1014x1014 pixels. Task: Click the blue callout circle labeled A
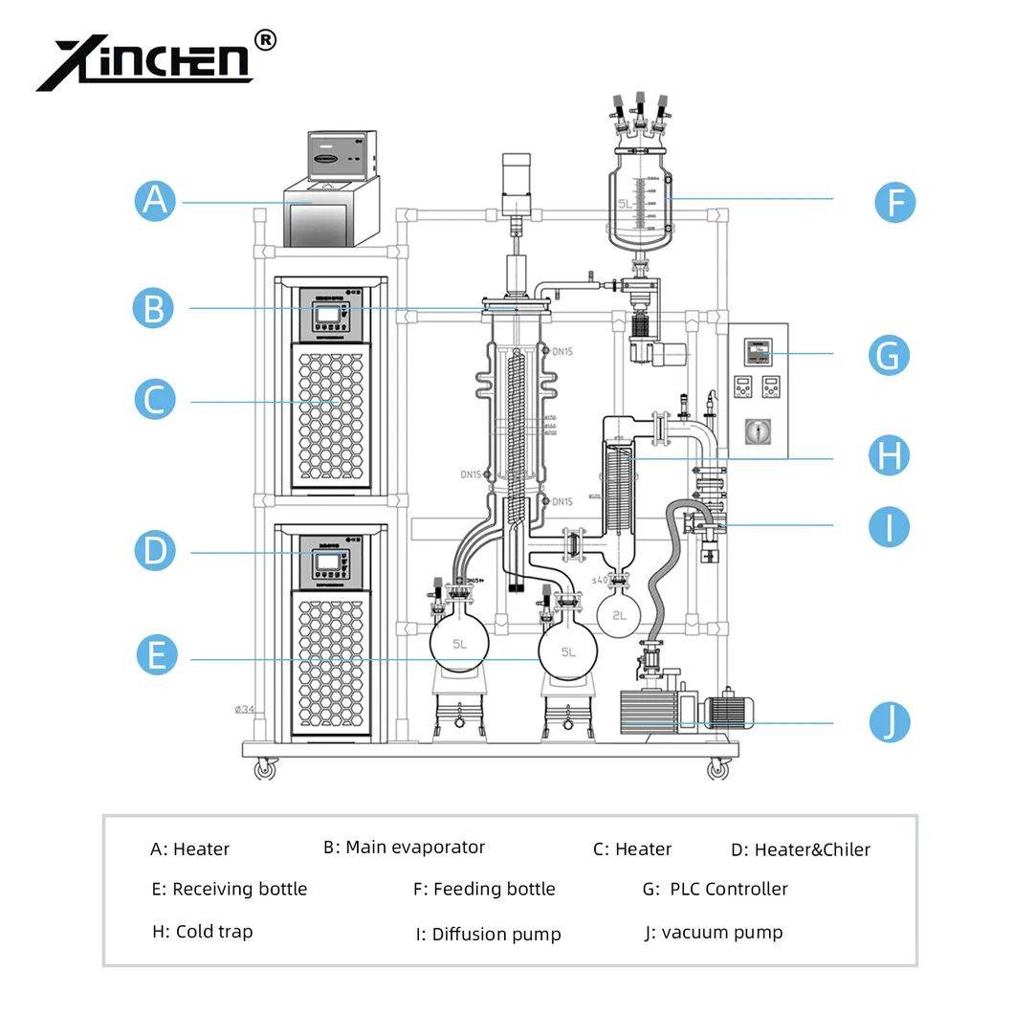coord(155,201)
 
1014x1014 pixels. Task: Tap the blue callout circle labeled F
coord(895,203)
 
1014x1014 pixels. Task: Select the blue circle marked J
coord(890,721)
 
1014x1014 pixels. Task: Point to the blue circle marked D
coord(155,550)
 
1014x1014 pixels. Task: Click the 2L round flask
coord(619,613)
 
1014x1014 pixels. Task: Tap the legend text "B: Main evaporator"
coord(404,848)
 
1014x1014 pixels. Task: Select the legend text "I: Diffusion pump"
coord(488,935)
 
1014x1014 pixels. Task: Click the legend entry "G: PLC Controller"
coord(716,889)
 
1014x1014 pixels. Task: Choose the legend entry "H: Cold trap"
coord(202,932)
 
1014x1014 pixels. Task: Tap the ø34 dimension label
coord(246,710)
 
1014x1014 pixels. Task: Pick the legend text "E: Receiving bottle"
coord(230,889)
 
